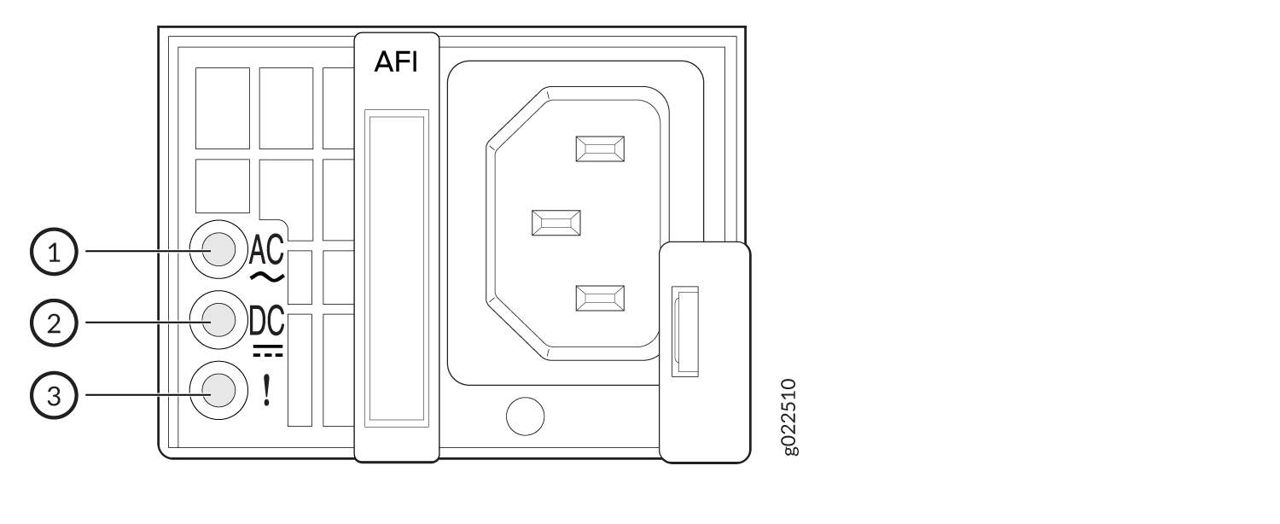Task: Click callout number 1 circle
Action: (54, 252)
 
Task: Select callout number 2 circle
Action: (54, 323)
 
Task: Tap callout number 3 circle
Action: (54, 395)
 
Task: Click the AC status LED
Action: (218, 250)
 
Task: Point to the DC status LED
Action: (218, 320)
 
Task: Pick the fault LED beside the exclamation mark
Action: (218, 391)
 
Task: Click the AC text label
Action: (266, 250)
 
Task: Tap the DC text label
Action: (267, 321)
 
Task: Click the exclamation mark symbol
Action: (266, 390)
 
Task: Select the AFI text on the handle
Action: (396, 61)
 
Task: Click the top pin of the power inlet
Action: (600, 149)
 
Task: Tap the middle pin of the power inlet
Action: (556, 223)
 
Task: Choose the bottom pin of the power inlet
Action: (600, 299)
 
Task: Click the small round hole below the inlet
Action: (525, 416)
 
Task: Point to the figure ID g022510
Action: (789, 417)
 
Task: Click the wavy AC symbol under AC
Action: (267, 277)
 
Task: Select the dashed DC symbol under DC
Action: (267, 351)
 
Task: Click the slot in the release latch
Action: (685, 331)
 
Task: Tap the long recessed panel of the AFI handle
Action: (397, 269)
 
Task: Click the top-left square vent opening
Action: (223, 108)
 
